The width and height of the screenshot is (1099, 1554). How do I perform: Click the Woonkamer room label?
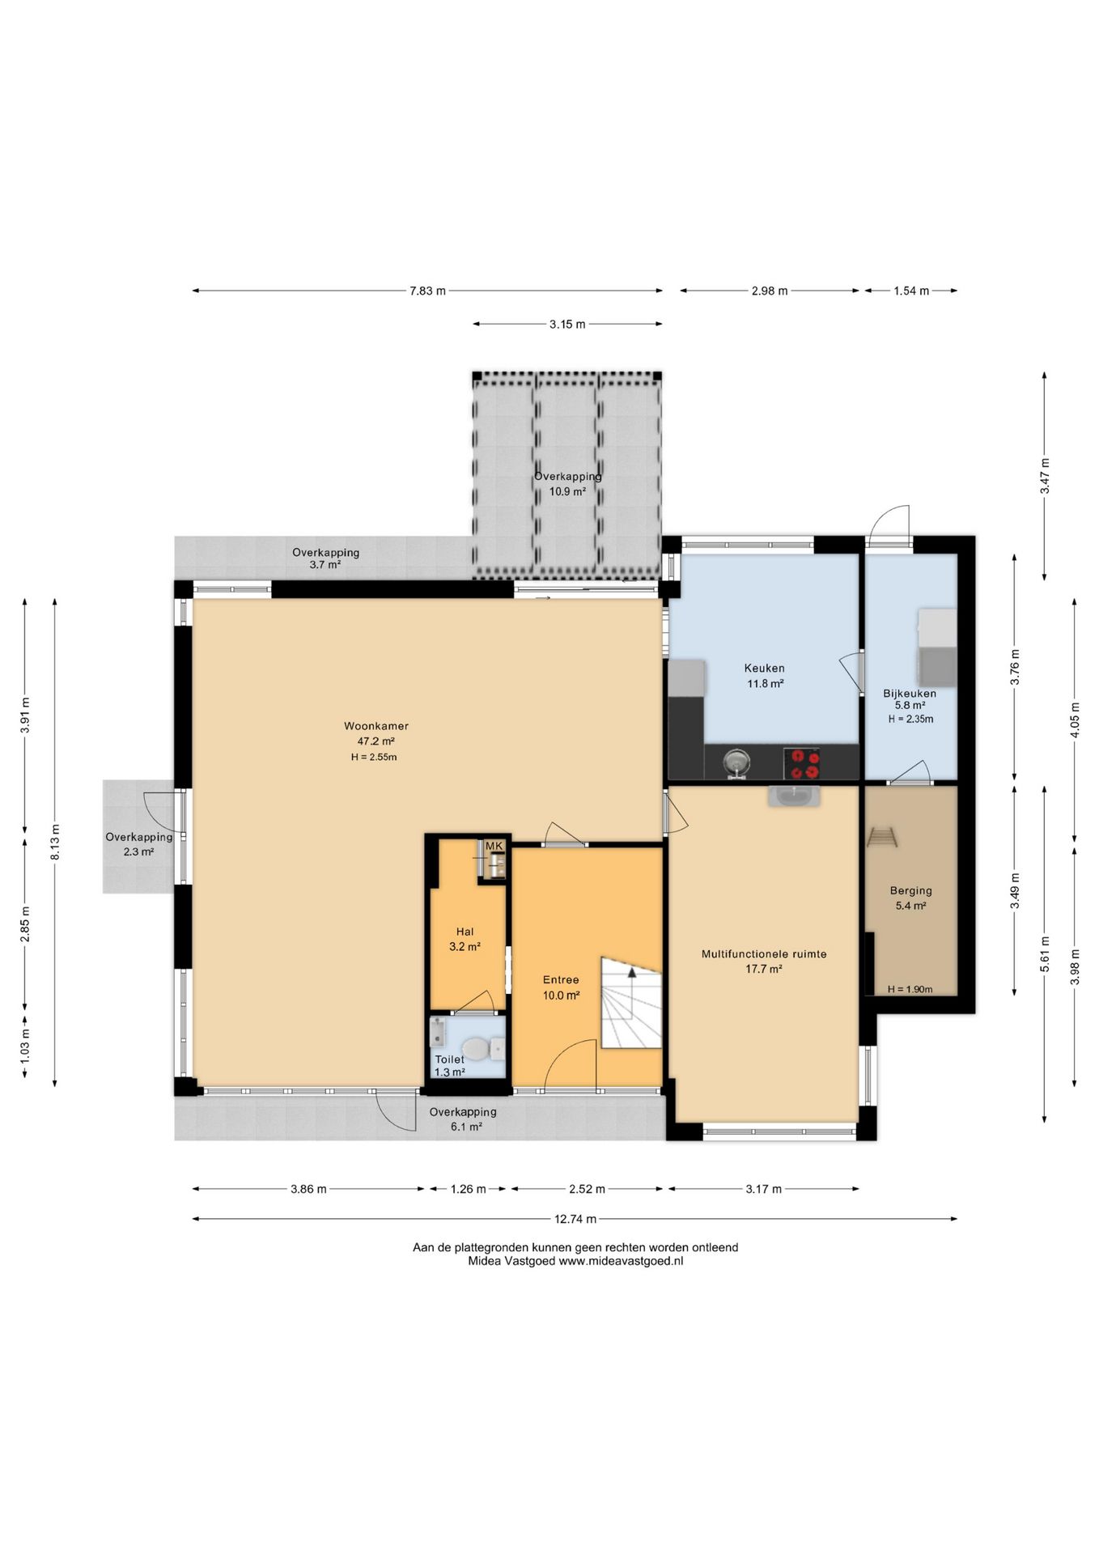pyautogui.click(x=376, y=726)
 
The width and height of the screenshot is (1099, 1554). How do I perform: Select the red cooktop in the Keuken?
pyautogui.click(x=802, y=763)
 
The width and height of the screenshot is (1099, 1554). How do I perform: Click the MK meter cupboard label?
pyautogui.click(x=494, y=846)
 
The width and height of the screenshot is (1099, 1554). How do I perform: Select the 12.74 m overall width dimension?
pyautogui.click(x=575, y=1219)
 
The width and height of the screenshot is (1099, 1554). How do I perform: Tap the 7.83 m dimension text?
pyautogui.click(x=427, y=291)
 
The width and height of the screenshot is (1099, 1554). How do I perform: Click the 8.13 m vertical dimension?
pyautogui.click(x=55, y=843)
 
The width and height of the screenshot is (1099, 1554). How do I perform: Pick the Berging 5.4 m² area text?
pyautogui.click(x=910, y=906)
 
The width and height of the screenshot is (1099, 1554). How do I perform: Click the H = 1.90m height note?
pyautogui.click(x=910, y=989)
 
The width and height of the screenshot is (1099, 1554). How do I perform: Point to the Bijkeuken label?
pyautogui.click(x=910, y=693)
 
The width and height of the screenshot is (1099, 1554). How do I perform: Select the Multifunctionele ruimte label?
pyautogui.click(x=764, y=953)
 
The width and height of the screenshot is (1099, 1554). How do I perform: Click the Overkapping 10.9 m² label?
pyautogui.click(x=567, y=483)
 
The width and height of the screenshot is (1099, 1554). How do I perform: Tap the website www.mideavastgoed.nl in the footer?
pyautogui.click(x=621, y=1261)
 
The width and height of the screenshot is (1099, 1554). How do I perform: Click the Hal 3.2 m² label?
pyautogui.click(x=465, y=939)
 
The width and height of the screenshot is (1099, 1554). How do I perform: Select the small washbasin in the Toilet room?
pyautogui.click(x=438, y=1031)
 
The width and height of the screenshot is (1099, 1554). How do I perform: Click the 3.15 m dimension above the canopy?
pyautogui.click(x=567, y=324)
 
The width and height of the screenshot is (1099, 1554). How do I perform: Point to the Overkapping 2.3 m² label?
pyautogui.click(x=138, y=844)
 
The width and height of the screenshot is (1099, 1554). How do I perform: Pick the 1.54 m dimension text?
pyautogui.click(x=911, y=291)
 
